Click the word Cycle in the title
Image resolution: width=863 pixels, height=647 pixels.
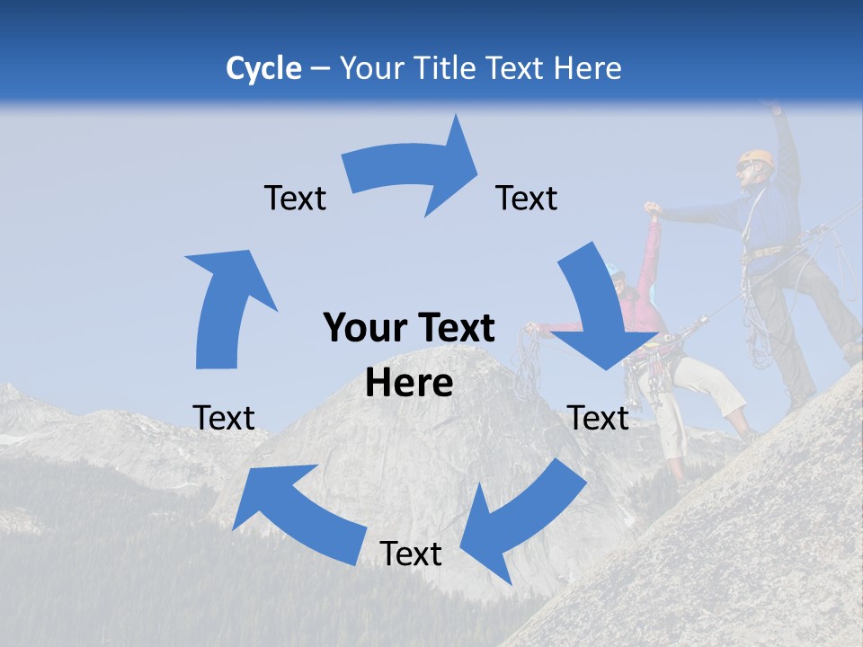[263, 68]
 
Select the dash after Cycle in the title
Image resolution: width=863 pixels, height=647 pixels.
[321, 69]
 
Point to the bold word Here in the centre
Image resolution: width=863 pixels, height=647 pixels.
[409, 383]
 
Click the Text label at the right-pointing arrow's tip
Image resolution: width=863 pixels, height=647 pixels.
[527, 198]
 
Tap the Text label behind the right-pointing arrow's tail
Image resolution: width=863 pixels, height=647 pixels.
[295, 198]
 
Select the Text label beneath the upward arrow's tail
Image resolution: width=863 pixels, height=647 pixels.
[224, 417]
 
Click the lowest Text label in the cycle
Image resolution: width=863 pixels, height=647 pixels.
[411, 554]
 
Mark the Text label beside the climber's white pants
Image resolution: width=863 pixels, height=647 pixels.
[599, 417]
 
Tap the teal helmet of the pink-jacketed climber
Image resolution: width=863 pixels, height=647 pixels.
[615, 270]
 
